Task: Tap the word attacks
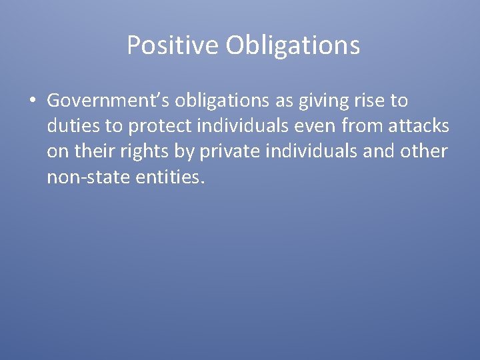coord(417,127)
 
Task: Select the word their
coord(96,151)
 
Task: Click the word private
coord(234,151)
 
